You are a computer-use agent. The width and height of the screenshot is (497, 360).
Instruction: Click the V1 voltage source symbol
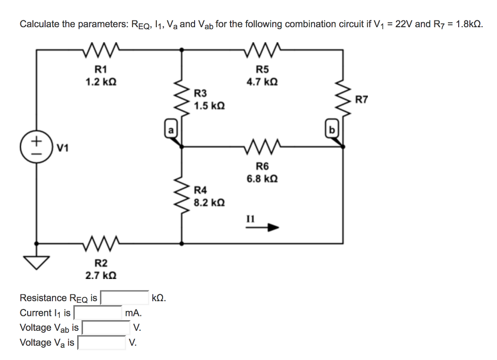(x=36, y=145)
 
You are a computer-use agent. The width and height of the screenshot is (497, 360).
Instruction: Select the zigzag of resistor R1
(x=100, y=48)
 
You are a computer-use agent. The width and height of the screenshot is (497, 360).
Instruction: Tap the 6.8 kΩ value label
(x=262, y=178)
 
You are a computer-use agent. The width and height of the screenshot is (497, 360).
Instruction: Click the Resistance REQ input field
(x=125, y=297)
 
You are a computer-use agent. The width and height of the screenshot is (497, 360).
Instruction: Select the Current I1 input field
(x=98, y=312)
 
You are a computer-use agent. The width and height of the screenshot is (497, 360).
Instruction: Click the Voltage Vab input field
(x=106, y=327)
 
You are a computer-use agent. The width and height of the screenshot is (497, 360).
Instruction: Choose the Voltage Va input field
(x=102, y=343)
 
